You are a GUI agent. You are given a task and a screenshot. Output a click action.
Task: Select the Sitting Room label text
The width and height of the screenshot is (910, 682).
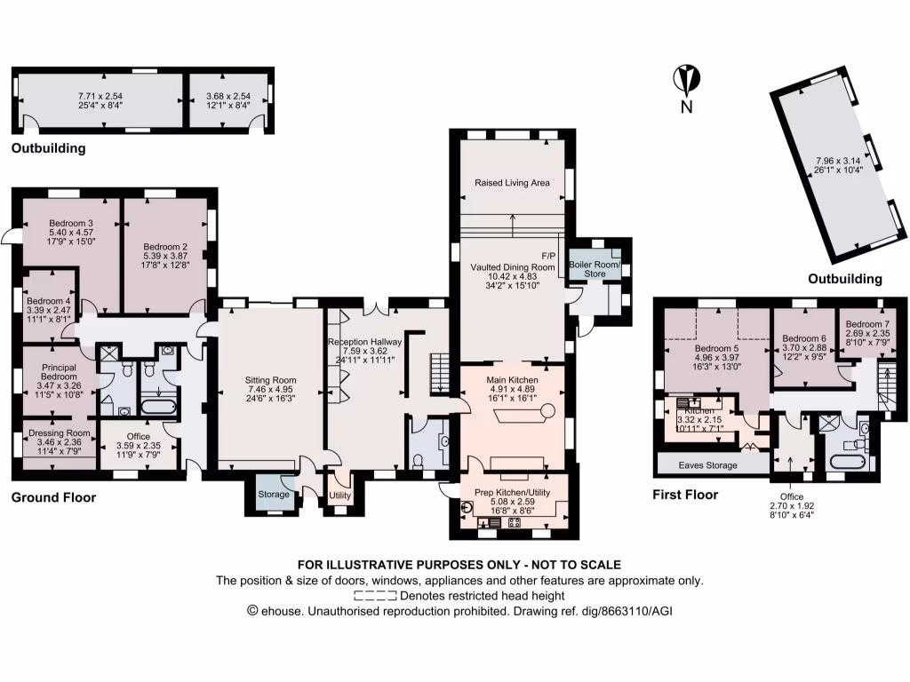(x=270, y=379)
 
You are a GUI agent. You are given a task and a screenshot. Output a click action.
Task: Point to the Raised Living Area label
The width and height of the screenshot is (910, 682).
(x=512, y=182)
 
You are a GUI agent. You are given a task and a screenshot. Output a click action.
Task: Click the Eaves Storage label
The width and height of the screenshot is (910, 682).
(x=708, y=465)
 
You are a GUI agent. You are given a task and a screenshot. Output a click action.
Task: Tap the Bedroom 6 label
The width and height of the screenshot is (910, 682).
(x=804, y=338)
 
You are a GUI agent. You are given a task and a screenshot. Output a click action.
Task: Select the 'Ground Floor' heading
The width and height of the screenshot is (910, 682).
(x=53, y=497)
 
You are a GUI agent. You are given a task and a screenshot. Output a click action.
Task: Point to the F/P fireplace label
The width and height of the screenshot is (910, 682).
(x=547, y=254)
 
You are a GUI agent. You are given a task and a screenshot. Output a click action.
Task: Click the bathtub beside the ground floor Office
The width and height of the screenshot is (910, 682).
(x=161, y=409)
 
